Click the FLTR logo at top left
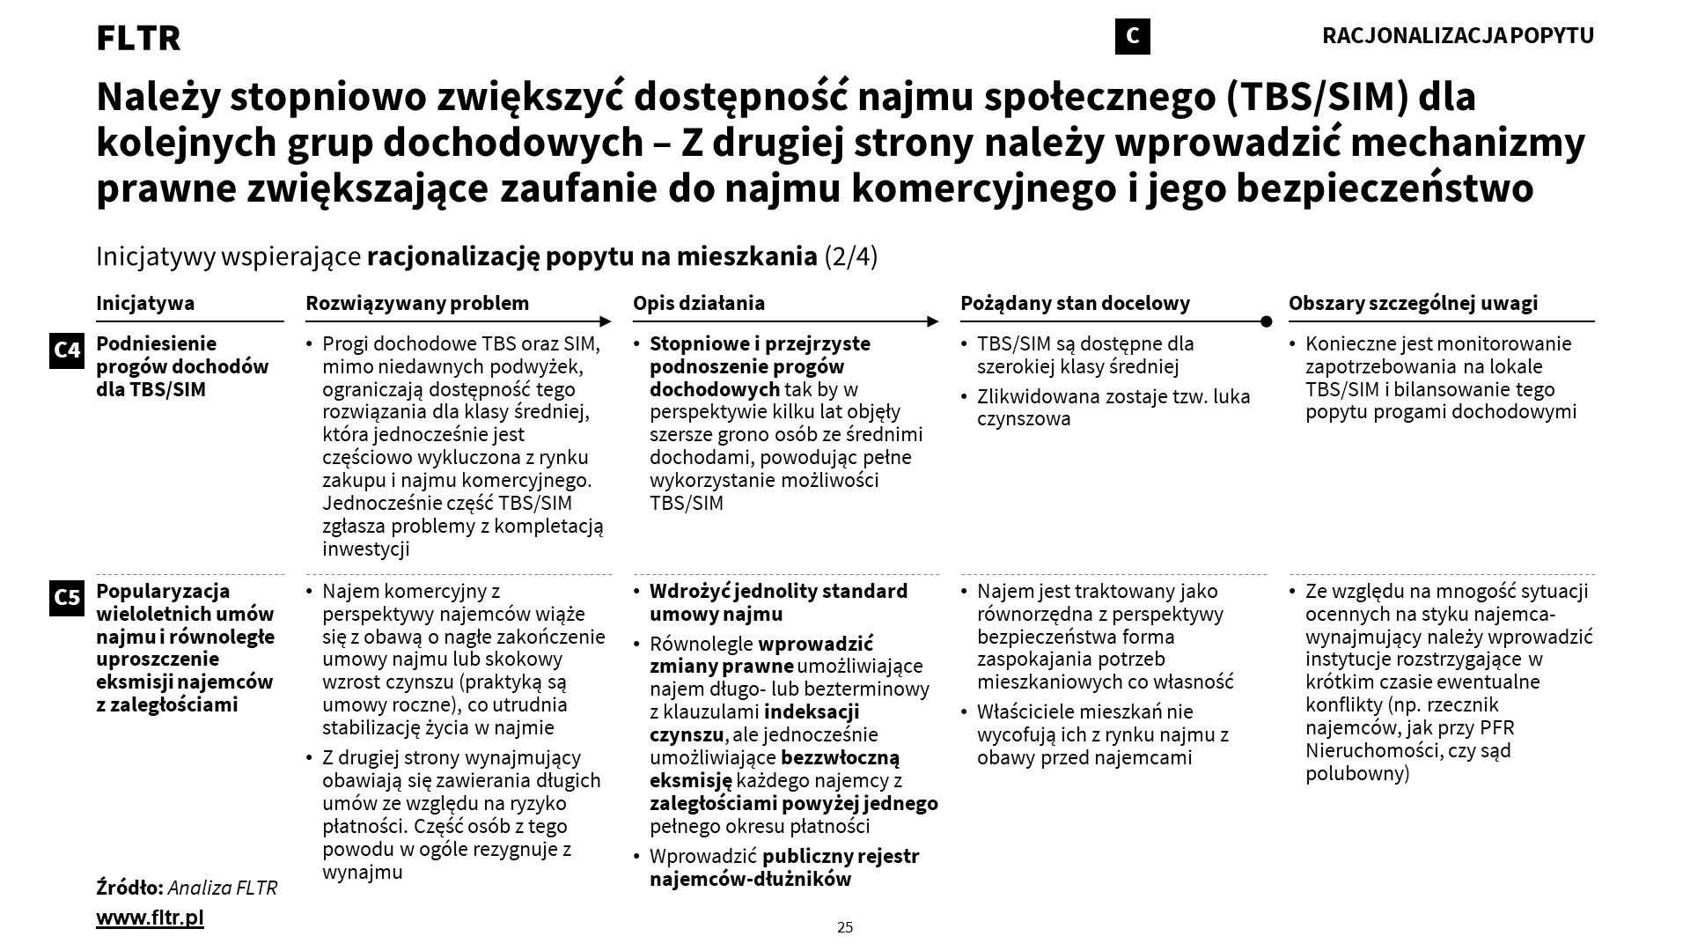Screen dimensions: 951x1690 point(138,38)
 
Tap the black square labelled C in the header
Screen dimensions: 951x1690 point(1132,36)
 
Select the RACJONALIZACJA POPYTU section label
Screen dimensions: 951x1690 point(1458,36)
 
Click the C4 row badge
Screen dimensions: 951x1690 point(67,350)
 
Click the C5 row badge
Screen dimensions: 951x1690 point(67,598)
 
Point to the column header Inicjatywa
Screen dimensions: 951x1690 point(145,303)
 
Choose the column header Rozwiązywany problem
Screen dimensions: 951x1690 point(417,303)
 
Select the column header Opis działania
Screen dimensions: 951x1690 point(699,303)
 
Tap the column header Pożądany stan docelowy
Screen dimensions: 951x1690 point(1075,303)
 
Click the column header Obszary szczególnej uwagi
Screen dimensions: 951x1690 point(1413,303)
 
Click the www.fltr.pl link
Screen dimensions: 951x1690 point(150,918)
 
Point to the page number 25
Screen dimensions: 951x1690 point(845,926)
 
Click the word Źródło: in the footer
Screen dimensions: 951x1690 point(129,888)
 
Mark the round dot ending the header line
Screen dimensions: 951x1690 point(1267,321)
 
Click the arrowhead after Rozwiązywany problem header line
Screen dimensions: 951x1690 point(606,321)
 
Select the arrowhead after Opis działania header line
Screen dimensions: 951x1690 point(933,321)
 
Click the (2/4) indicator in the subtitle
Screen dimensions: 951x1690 point(851,256)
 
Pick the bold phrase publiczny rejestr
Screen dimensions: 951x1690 point(841,856)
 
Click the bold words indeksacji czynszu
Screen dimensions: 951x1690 point(753,723)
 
